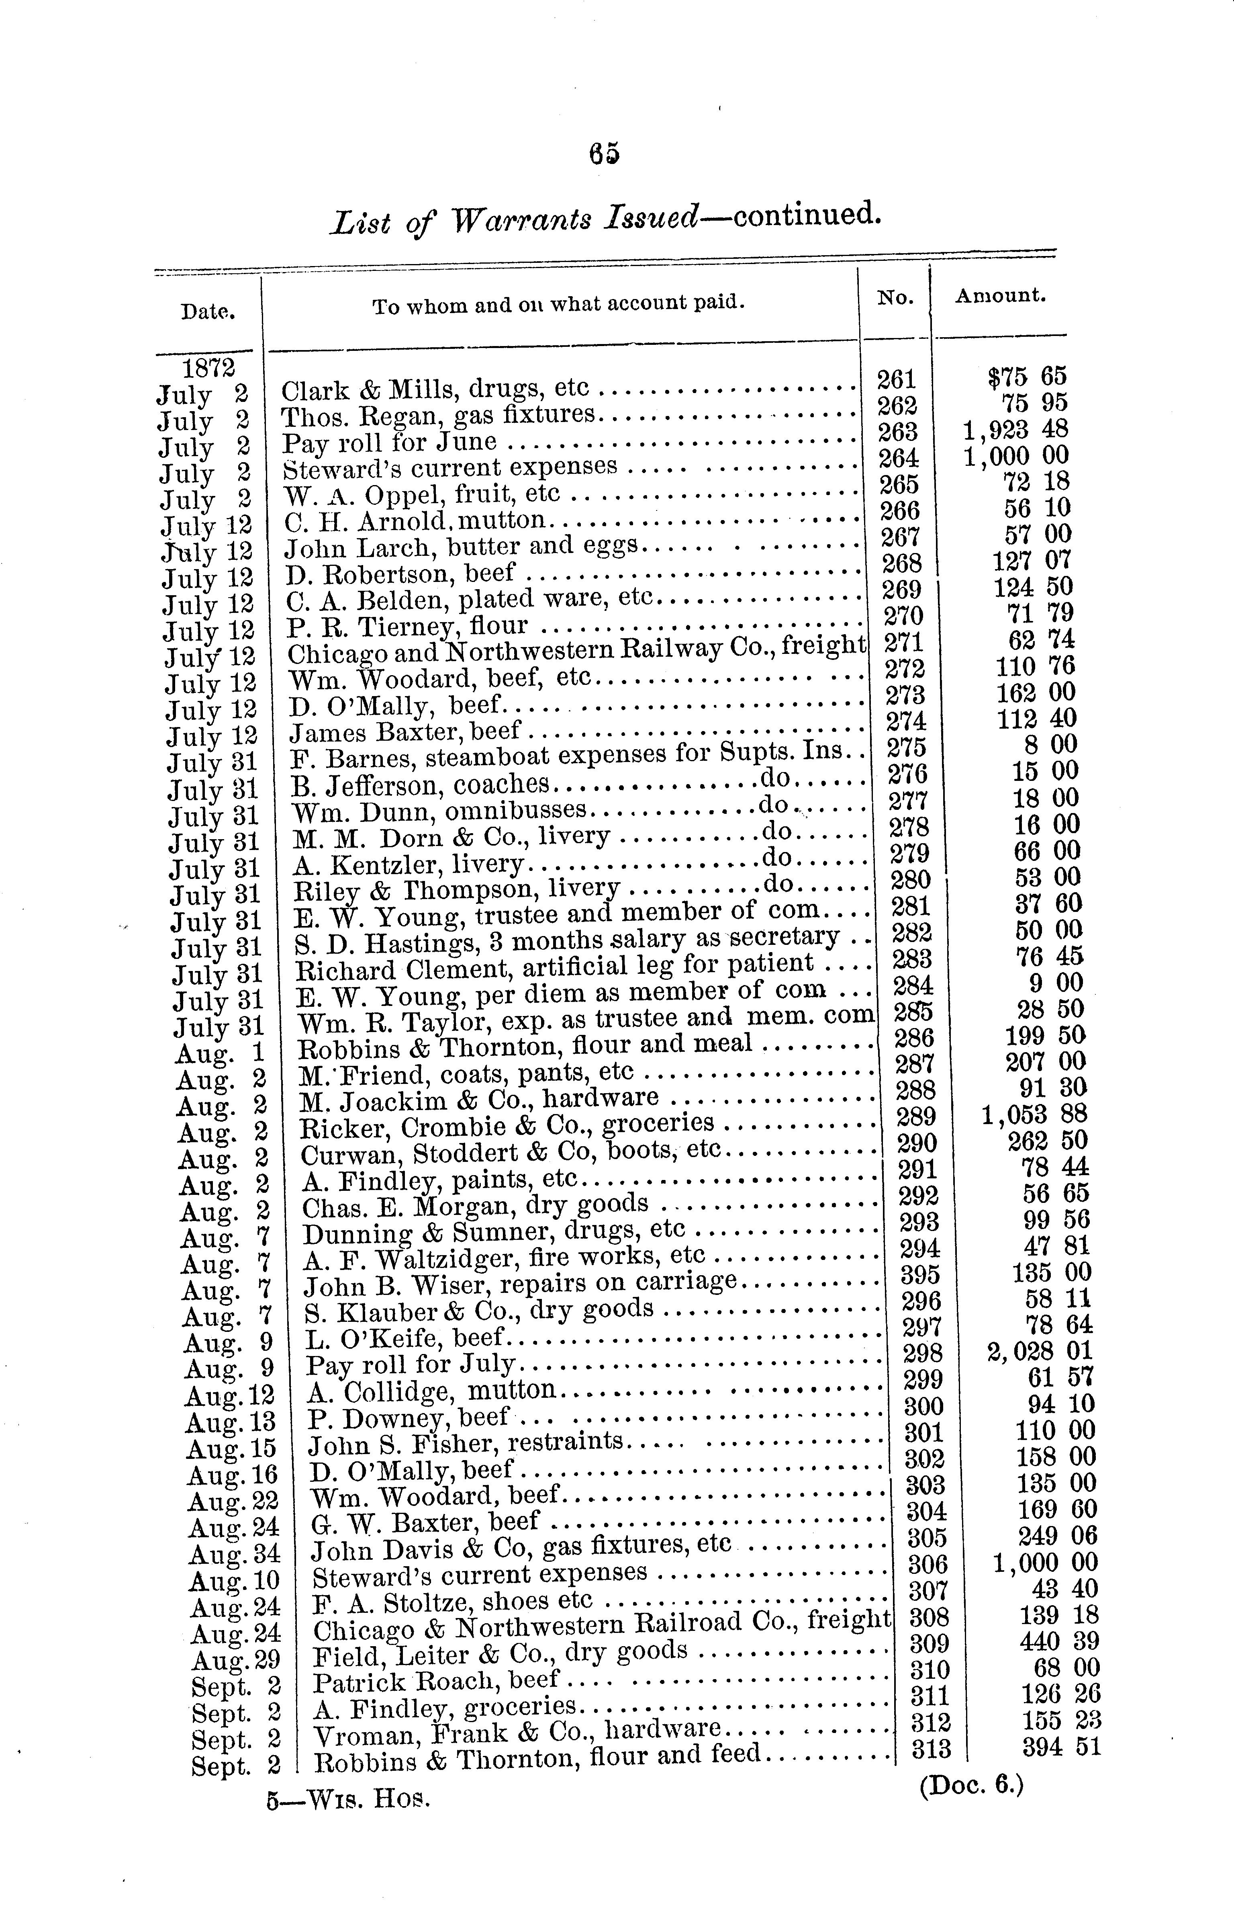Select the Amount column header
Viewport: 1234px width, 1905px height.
[x=1000, y=295]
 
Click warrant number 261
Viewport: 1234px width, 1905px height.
[x=896, y=379]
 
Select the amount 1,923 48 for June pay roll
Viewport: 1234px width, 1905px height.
[x=1015, y=430]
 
